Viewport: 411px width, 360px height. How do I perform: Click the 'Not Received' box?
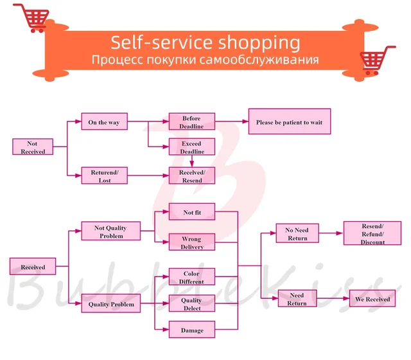(32, 147)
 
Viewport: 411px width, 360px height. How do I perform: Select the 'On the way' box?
(104, 122)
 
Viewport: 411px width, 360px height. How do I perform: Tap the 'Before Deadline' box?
(191, 122)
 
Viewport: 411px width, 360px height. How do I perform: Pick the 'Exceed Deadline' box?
(191, 147)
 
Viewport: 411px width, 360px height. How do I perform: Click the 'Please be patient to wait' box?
(289, 122)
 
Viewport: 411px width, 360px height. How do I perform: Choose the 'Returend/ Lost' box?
(104, 176)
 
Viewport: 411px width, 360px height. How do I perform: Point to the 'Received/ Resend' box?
(191, 176)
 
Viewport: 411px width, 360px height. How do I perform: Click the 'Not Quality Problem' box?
(111, 231)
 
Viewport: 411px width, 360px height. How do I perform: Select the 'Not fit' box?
(191, 212)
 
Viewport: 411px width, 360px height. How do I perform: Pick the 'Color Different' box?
(191, 277)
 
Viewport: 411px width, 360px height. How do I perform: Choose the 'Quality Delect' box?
(191, 304)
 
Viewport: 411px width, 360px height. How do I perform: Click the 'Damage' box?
(191, 330)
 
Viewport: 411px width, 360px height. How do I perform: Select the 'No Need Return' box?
(297, 234)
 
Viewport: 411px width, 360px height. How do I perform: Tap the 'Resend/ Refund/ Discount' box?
(372, 234)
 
